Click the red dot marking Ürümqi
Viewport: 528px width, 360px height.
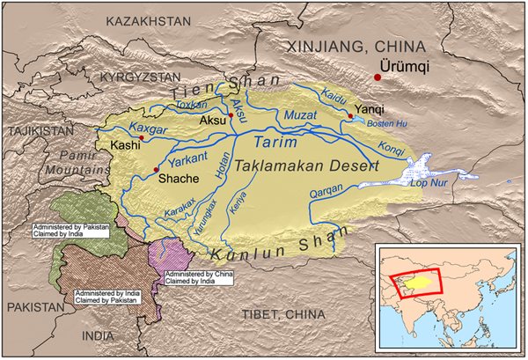pos(378,77)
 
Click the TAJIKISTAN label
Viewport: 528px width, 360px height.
pos(39,129)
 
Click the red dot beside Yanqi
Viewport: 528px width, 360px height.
pos(351,115)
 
